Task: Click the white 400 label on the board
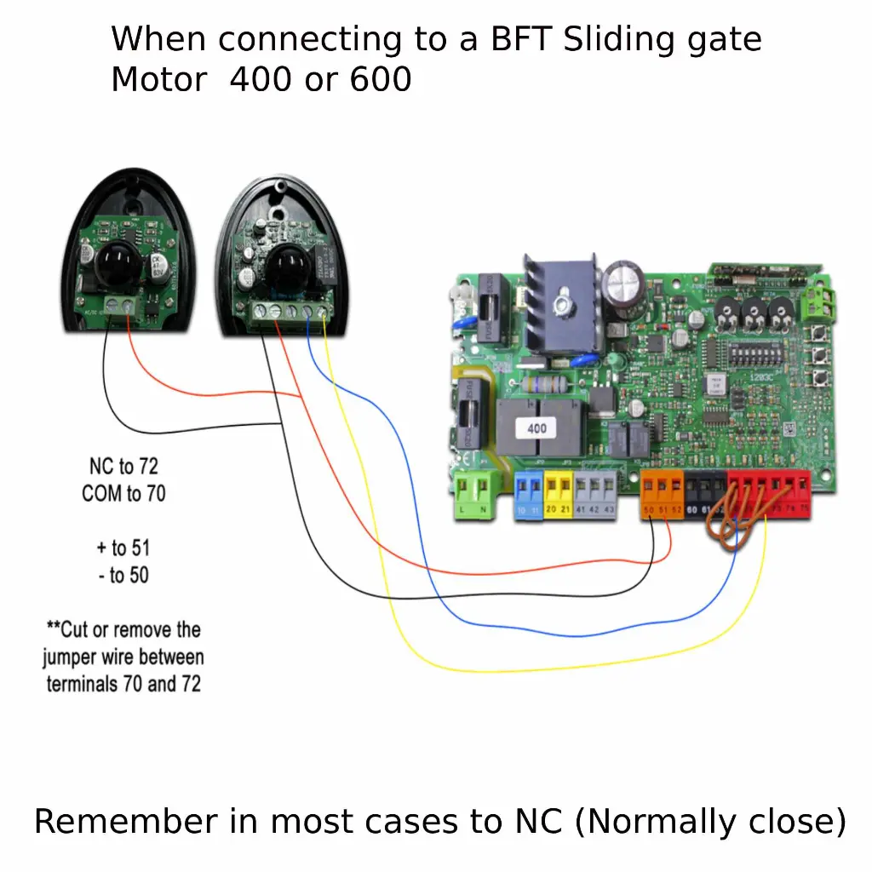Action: point(536,428)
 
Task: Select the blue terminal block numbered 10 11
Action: point(529,496)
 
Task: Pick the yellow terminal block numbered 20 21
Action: point(558,494)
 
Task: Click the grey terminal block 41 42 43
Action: point(594,495)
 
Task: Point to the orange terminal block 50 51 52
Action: point(662,495)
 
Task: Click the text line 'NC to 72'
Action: point(123,467)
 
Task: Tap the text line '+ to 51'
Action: point(123,548)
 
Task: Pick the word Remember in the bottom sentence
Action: point(125,822)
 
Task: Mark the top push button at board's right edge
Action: point(822,330)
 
